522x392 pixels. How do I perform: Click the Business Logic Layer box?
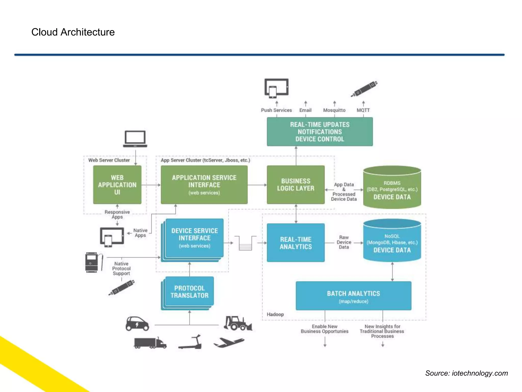(296, 185)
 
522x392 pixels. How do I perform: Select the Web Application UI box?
(117, 185)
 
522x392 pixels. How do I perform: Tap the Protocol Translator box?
(189, 291)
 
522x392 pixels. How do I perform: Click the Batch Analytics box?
(353, 296)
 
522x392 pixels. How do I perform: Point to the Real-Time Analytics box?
(296, 243)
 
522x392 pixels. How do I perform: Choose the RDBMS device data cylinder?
(392, 188)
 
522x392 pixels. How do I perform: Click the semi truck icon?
(150, 342)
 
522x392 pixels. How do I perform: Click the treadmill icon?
(191, 342)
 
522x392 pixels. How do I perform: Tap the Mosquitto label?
(334, 110)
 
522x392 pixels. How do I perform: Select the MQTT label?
(363, 110)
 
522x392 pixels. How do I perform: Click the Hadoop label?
(275, 314)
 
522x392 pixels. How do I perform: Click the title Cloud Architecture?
(73, 32)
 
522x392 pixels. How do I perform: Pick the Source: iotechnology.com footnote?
(466, 373)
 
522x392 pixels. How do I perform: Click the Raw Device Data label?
(344, 242)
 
